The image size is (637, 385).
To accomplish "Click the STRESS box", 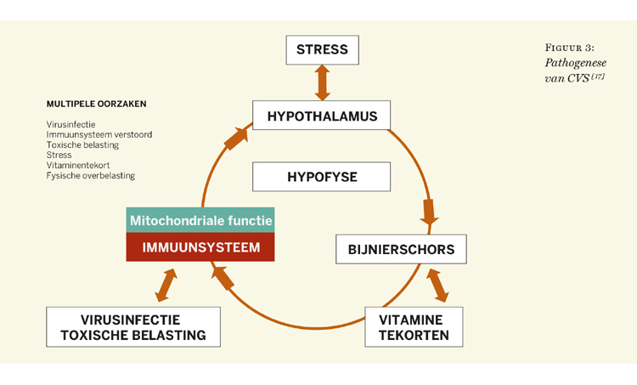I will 322,50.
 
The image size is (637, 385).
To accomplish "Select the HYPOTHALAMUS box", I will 322,116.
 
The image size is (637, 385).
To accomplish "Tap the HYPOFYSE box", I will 322,177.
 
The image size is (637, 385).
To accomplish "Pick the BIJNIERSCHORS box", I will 401,250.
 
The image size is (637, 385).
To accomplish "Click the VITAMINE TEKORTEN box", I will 414,327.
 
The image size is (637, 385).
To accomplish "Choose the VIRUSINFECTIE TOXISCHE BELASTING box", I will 133,327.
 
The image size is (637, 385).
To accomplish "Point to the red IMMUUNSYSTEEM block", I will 200,247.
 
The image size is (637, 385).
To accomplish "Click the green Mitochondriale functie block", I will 200,220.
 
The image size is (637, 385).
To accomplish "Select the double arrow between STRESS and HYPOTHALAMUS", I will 322,82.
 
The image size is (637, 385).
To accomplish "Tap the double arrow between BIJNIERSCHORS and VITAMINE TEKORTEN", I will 438,286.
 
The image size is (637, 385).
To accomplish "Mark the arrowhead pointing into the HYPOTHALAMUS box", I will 237,137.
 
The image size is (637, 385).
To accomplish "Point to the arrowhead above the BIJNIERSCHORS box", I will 429,212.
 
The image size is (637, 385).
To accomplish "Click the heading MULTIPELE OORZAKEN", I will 96,105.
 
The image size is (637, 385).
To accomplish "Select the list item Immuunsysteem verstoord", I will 99,135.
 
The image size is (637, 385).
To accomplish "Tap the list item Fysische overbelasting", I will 91,176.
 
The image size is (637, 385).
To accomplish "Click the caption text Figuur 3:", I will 570,48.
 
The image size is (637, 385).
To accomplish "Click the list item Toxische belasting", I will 82,145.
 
